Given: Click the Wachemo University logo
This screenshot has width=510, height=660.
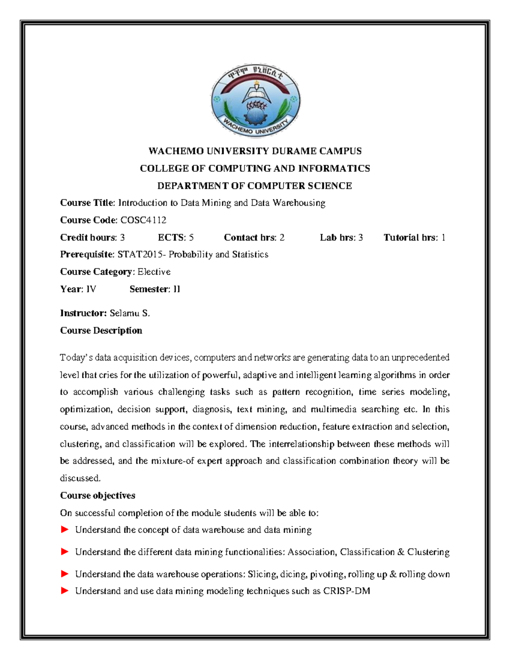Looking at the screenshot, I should click(255, 102).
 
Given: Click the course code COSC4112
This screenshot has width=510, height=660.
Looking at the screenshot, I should click(143, 220).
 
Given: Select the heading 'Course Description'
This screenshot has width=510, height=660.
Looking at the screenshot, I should click(101, 331).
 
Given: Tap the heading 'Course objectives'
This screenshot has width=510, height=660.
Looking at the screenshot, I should click(98, 496).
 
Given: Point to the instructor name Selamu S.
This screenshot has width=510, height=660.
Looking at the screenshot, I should click(130, 314).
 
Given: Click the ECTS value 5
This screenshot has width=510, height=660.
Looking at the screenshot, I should click(191, 238).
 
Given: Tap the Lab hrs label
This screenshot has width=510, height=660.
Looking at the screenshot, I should click(337, 238).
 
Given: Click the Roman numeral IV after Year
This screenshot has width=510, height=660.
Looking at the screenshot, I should click(91, 289).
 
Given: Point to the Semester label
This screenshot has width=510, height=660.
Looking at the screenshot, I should click(149, 289).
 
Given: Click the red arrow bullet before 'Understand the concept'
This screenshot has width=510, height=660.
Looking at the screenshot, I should click(65, 530).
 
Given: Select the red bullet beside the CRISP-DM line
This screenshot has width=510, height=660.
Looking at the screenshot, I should click(65, 591).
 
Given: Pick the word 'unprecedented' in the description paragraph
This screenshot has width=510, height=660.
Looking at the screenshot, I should click(420, 357).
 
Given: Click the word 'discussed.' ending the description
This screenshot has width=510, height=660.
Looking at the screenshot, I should click(80, 479).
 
